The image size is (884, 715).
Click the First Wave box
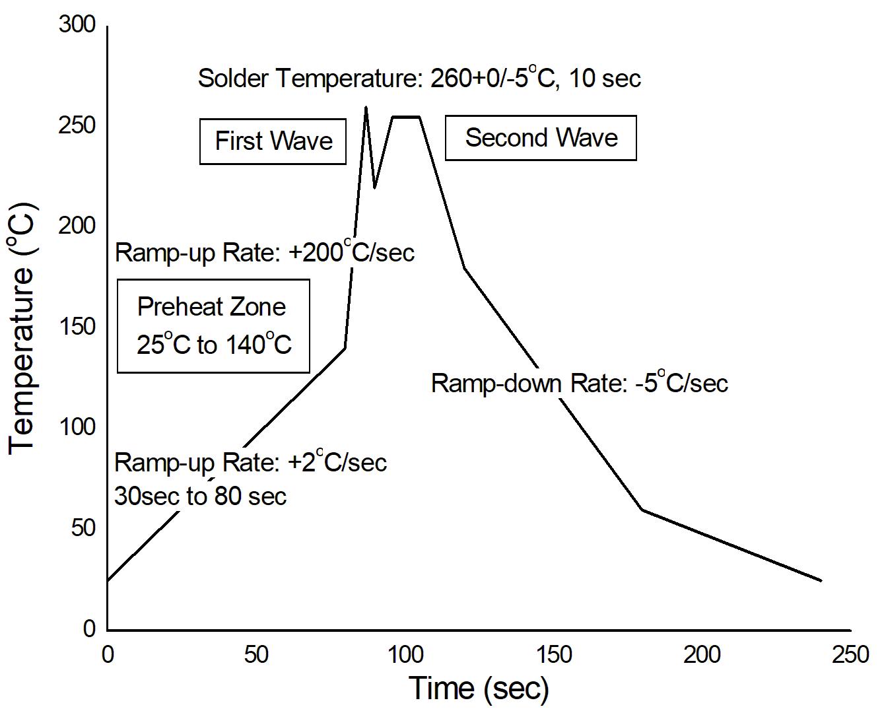coord(273,141)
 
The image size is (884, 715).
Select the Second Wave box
coord(541,138)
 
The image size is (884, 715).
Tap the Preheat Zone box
coord(213,325)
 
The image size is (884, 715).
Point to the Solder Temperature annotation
coord(419,78)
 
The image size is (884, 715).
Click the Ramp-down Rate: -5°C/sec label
coord(579,383)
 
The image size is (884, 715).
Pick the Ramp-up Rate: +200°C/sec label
coord(265,252)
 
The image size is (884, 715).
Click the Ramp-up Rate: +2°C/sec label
coord(250,462)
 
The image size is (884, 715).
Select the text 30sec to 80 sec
coord(200,496)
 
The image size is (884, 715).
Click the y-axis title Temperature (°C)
coord(22,328)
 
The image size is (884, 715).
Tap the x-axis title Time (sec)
coord(479,688)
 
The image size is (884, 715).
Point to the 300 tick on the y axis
coord(77,25)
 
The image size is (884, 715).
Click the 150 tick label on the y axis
coord(77,327)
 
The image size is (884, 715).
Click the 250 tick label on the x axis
coord(851,654)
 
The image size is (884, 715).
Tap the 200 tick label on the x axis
coord(702,654)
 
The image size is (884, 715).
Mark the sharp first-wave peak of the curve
coord(366,107)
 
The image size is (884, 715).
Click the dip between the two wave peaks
coord(375,187)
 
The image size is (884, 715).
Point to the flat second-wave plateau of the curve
coord(406,118)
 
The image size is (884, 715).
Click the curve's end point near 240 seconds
coord(821,580)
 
